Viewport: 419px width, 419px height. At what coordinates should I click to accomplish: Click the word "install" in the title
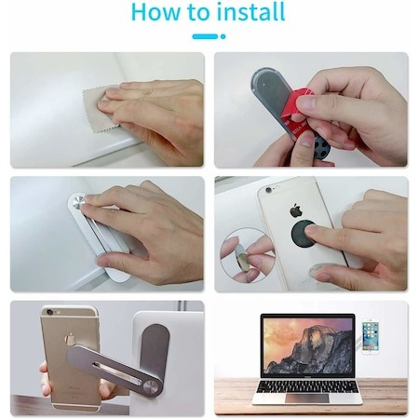pos(251,12)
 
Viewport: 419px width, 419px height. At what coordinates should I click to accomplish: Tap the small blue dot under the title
pos(223,36)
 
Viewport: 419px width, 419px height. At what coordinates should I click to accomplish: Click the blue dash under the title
pos(205,36)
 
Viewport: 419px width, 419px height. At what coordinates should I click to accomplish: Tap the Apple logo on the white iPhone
pos(296,210)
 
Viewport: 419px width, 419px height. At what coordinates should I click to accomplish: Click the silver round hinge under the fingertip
pos(77,202)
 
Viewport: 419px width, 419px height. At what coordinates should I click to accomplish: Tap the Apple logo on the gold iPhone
pos(71,339)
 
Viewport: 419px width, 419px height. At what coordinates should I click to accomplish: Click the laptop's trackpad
pos(307,399)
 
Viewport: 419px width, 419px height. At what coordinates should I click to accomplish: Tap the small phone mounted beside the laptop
pos(371,337)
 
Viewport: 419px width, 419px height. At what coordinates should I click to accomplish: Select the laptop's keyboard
pos(307,387)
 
